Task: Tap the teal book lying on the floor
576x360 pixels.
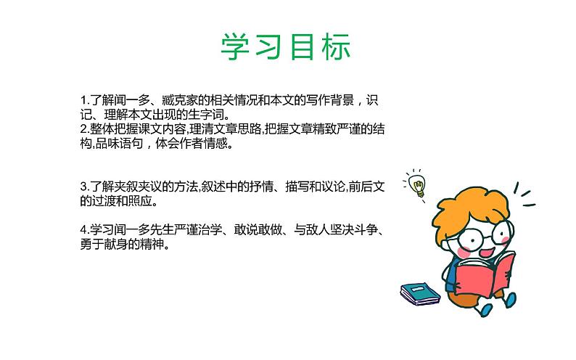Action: click(x=421, y=292)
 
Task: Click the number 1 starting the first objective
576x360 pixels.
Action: click(x=84, y=100)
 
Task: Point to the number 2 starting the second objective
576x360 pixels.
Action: click(x=84, y=129)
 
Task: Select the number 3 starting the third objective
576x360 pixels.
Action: click(x=84, y=187)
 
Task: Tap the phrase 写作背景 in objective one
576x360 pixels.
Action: click(x=320, y=100)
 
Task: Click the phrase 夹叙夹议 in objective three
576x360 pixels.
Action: click(x=138, y=187)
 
